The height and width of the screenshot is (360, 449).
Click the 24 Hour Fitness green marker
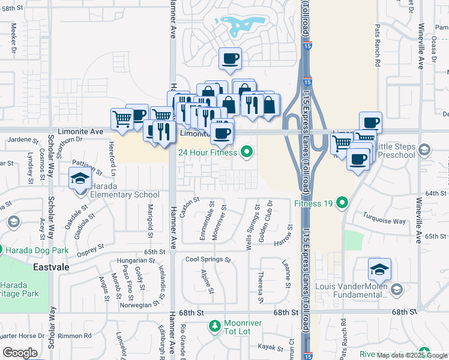246,152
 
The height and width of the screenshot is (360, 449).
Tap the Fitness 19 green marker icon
342,203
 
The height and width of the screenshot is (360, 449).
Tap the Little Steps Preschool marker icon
424,149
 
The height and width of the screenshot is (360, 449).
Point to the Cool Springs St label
208,260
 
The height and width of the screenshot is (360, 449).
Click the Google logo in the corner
20,353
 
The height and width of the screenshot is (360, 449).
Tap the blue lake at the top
240,25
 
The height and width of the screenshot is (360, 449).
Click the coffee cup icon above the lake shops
230,59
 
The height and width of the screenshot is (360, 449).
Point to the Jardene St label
19,139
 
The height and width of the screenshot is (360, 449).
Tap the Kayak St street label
271,347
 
